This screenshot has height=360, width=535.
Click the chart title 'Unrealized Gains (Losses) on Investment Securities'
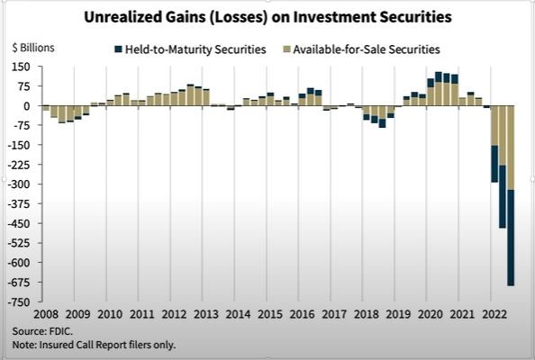tap(267, 16)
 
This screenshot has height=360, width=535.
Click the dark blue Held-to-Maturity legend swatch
tap(119, 49)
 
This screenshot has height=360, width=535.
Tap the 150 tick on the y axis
tap(21, 67)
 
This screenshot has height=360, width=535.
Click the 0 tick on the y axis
tap(27, 106)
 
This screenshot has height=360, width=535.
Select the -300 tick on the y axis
tap(19, 184)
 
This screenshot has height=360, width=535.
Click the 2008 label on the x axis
tap(46, 315)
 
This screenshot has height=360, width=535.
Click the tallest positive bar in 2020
tap(439, 89)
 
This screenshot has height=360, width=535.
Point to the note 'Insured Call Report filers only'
tap(95, 344)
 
